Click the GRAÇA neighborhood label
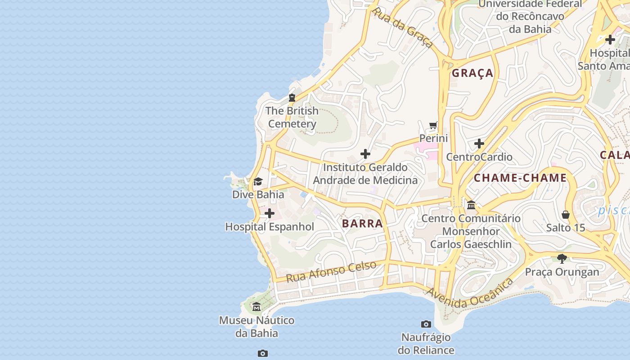pyautogui.click(x=472, y=73)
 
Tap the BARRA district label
pyautogui.click(x=362, y=224)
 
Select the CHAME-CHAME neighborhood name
pyautogui.click(x=520, y=178)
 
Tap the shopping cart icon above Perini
pyautogui.click(x=433, y=125)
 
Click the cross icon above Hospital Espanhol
pyautogui.click(x=270, y=213)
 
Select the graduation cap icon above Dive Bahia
pyautogui.click(x=258, y=181)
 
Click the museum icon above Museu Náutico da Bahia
pyautogui.click(x=256, y=307)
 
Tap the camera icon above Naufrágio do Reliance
pyautogui.click(x=426, y=324)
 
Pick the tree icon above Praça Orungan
pyautogui.click(x=562, y=258)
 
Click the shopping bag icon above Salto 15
pyautogui.click(x=566, y=215)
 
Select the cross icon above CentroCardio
pyautogui.click(x=479, y=144)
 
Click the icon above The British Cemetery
pyautogui.click(x=292, y=97)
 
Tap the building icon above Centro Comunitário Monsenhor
pyautogui.click(x=471, y=205)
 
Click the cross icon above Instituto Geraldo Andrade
pyautogui.click(x=365, y=154)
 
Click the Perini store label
pyautogui.click(x=433, y=138)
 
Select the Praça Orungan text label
pyautogui.click(x=562, y=272)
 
